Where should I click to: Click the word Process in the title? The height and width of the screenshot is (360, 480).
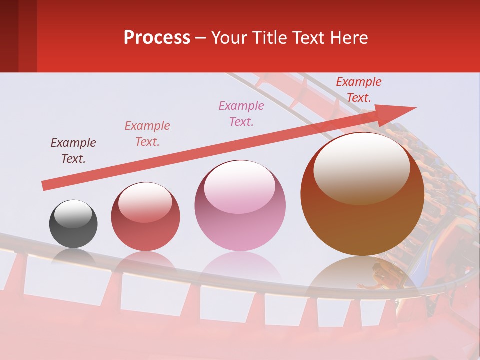coord(157,38)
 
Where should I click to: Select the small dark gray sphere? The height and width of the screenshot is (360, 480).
coord(73,224)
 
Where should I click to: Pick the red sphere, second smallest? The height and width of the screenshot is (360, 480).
coord(145,217)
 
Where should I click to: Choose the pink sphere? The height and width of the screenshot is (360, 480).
coord(240,206)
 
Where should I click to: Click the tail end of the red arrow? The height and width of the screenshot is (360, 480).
coord(44,186)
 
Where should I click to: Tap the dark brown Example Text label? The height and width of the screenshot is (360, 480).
coord(73,151)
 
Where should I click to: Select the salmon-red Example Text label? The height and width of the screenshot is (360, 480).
coord(147,134)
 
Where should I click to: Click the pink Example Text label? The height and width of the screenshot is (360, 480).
coord(241,113)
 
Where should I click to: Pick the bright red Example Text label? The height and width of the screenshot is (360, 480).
coord(359,90)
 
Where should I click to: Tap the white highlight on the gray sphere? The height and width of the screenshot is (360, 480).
coord(73,214)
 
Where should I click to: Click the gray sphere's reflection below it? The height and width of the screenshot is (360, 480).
coord(73,256)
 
